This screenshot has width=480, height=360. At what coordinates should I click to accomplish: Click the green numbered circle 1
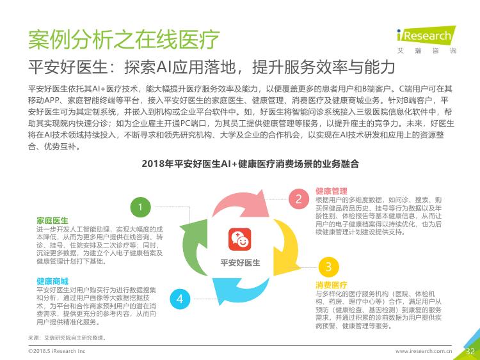pos(141,207)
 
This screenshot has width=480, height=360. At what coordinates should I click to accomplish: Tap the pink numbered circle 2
pos(298,199)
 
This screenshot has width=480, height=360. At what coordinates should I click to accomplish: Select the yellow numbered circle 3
pos(328,267)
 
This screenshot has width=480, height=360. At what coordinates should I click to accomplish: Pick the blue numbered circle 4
pos(180,299)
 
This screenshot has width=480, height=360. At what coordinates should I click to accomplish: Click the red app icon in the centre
pos(240,239)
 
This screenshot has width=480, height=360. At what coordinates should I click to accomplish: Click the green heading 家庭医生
pos(52,221)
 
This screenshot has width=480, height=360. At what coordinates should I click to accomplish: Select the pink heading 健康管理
pos(332,191)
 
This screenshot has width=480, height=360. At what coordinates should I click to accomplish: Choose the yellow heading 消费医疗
pos(332,285)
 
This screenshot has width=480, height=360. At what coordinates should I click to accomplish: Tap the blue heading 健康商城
pos(52,281)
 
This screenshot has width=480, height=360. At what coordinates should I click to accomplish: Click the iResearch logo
pos(426,40)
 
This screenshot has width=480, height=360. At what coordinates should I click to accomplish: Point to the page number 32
pos(470,351)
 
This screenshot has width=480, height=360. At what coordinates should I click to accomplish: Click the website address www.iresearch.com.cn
pos(424,351)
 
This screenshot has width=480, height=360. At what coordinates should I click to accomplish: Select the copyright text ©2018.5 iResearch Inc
pos(56,351)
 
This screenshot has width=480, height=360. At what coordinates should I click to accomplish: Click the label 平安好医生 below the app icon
pos(240,263)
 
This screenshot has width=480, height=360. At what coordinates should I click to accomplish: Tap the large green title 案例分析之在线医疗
pos(124,39)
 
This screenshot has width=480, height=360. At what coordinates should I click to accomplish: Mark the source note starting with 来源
pos(67,338)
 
